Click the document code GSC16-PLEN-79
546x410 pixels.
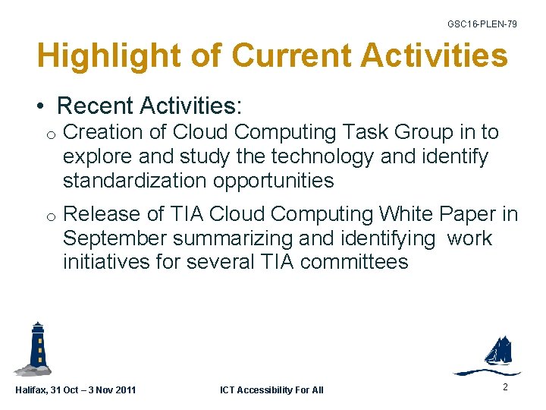click(x=482, y=24)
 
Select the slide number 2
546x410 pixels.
click(x=504, y=388)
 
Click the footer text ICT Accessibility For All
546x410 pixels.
click(x=271, y=390)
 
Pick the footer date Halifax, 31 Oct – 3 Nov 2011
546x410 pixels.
click(x=76, y=390)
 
